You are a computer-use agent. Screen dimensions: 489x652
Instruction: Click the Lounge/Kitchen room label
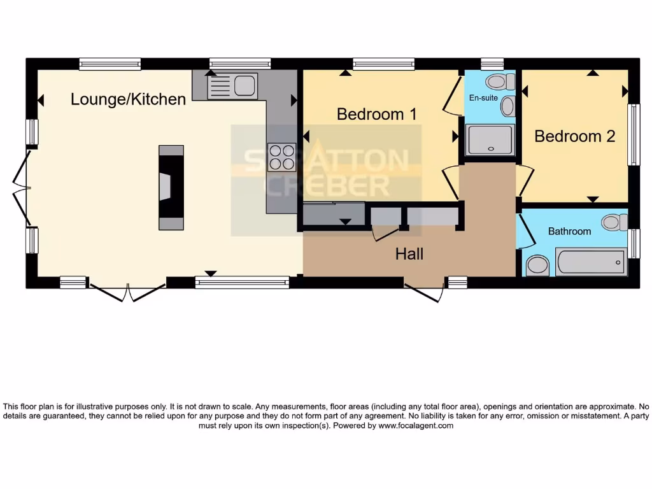128,99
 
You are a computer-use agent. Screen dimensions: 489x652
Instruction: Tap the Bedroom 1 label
377,114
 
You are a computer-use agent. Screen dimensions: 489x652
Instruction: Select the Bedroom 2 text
574,136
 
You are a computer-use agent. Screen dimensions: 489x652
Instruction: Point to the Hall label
409,254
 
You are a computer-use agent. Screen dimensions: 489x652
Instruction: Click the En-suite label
483,98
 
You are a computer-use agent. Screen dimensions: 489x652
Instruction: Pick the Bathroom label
569,231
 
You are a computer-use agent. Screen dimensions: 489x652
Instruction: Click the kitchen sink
244,84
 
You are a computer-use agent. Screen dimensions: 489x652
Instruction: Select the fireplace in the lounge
171,187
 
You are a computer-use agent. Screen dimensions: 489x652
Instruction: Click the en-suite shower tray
490,140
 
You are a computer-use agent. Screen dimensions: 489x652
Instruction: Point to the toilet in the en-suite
500,81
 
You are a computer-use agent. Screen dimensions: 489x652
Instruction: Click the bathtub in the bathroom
590,262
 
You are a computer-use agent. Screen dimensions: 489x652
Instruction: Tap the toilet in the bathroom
614,222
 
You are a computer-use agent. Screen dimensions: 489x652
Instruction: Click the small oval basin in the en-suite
507,106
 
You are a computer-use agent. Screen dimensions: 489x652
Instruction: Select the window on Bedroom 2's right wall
634,135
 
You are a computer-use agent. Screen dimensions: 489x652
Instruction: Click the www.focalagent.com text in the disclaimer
416,426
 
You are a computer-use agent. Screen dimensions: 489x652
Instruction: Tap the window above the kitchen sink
240,63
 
